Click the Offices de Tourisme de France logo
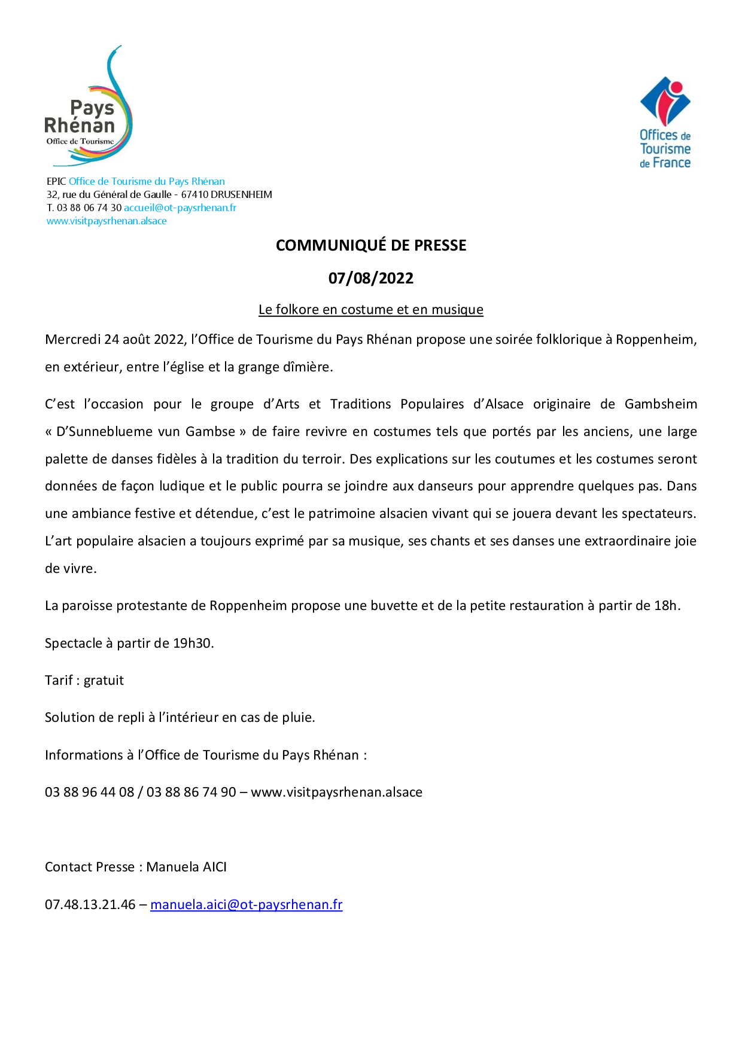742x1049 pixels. (x=665, y=123)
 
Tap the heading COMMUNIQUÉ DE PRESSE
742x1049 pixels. (x=371, y=245)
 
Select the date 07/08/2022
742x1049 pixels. (x=371, y=278)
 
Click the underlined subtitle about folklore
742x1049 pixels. (x=371, y=309)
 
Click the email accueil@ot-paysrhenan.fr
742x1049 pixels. (x=180, y=208)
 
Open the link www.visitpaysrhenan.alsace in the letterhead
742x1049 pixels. (x=107, y=221)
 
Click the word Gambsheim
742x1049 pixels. (x=661, y=404)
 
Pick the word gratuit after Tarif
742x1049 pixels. (x=104, y=681)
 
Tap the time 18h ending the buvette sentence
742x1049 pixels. (x=667, y=606)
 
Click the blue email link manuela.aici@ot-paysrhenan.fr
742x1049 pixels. (x=247, y=905)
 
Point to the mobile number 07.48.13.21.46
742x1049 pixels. (x=90, y=905)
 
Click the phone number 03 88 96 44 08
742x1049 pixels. (x=90, y=792)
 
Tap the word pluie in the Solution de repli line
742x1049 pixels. (x=299, y=718)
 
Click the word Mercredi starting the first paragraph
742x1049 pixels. (x=72, y=340)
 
